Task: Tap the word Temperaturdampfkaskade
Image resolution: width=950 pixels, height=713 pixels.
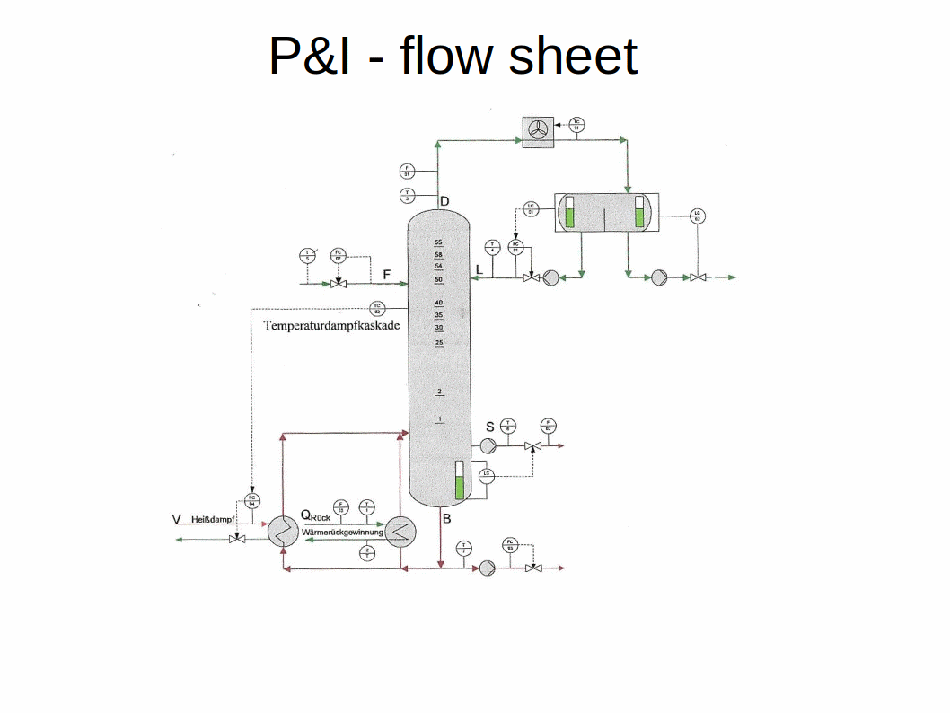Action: coord(331,326)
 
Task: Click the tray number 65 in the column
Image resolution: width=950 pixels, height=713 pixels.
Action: coord(438,242)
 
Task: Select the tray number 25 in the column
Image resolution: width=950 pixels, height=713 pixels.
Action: coord(438,343)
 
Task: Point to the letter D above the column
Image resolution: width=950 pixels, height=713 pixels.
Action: coord(444,199)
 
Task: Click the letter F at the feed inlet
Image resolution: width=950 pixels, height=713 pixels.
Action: coord(386,273)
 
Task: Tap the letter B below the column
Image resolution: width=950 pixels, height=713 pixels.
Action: coord(446,518)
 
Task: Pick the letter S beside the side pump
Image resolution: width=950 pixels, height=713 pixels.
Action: coord(490,427)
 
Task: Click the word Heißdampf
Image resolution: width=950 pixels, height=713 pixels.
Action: coord(213,519)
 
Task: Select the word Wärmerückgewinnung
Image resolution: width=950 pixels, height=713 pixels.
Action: coord(343,533)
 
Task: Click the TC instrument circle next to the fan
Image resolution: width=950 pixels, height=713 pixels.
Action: coord(576,126)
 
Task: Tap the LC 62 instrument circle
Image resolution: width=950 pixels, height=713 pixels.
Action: coord(698,216)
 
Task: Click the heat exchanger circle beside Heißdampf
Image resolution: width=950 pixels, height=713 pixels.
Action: coord(284,533)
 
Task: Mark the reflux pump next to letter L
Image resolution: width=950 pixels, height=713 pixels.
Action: coord(551,277)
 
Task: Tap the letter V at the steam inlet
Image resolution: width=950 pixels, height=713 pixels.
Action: coord(176,519)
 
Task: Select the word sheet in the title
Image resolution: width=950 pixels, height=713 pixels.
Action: coord(572,56)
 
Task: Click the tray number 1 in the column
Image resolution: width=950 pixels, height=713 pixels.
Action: coord(440,419)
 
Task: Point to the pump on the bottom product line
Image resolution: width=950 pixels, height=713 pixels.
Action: coord(488,568)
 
